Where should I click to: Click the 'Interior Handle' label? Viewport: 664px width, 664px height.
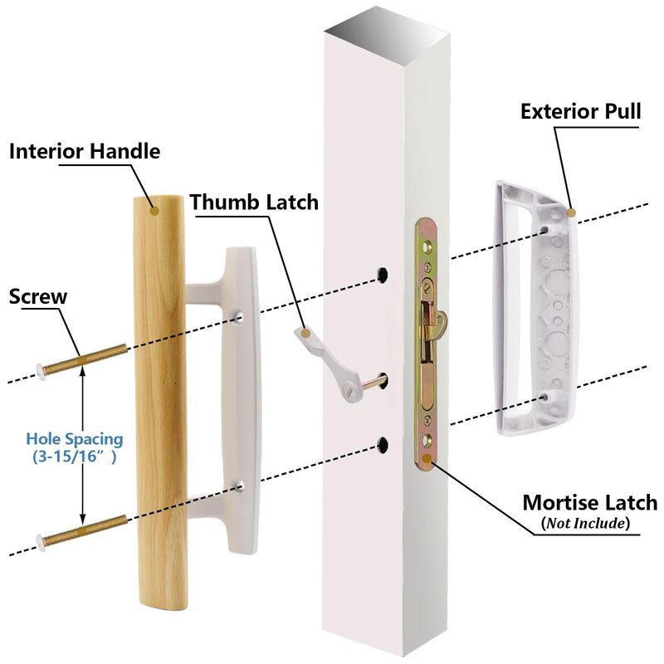coord(84,151)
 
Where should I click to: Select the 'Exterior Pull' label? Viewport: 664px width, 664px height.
coord(580,111)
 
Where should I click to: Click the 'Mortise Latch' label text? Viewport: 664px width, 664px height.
coord(589,502)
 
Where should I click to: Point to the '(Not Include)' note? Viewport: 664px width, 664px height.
coord(585,524)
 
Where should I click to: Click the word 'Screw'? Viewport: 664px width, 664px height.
coord(38,295)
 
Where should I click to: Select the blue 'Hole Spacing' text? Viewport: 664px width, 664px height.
coord(75,438)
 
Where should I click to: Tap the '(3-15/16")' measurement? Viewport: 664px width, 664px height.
coord(75,456)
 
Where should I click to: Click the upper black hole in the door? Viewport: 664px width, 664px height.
coord(384,272)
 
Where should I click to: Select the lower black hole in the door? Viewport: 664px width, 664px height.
coord(384,444)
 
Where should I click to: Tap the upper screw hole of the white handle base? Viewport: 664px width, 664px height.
coord(238,316)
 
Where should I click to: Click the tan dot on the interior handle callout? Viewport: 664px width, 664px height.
coord(154,211)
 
